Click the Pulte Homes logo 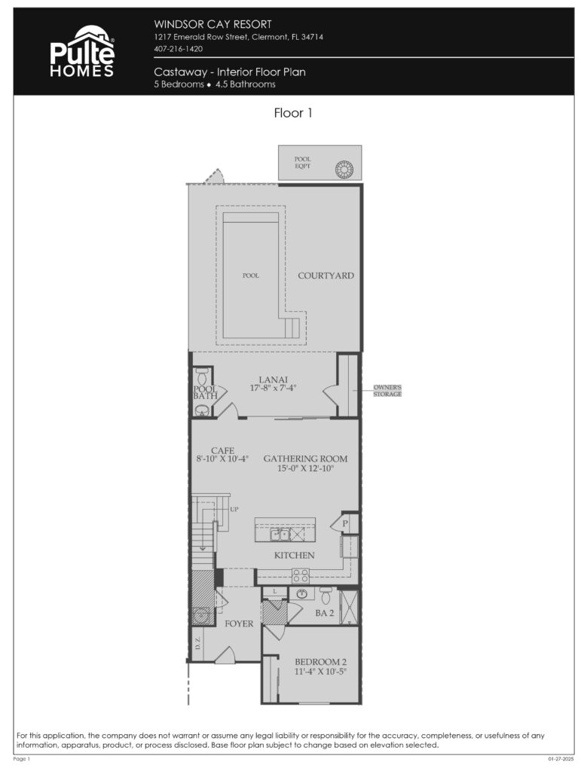(x=82, y=51)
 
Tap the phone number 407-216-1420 (x=178, y=49)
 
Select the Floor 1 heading (x=292, y=114)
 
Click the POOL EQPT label (x=302, y=163)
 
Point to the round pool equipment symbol (x=345, y=168)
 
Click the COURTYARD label (x=326, y=276)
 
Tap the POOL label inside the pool (x=251, y=276)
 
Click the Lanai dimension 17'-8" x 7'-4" (x=273, y=389)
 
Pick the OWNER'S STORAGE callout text (x=388, y=390)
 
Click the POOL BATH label (x=205, y=392)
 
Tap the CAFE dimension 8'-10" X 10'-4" (x=222, y=458)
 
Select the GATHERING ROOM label (x=305, y=459)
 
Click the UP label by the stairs (x=234, y=510)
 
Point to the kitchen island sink (x=280, y=534)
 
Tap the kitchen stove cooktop (x=301, y=576)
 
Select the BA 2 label (x=325, y=614)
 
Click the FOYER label (x=239, y=624)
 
